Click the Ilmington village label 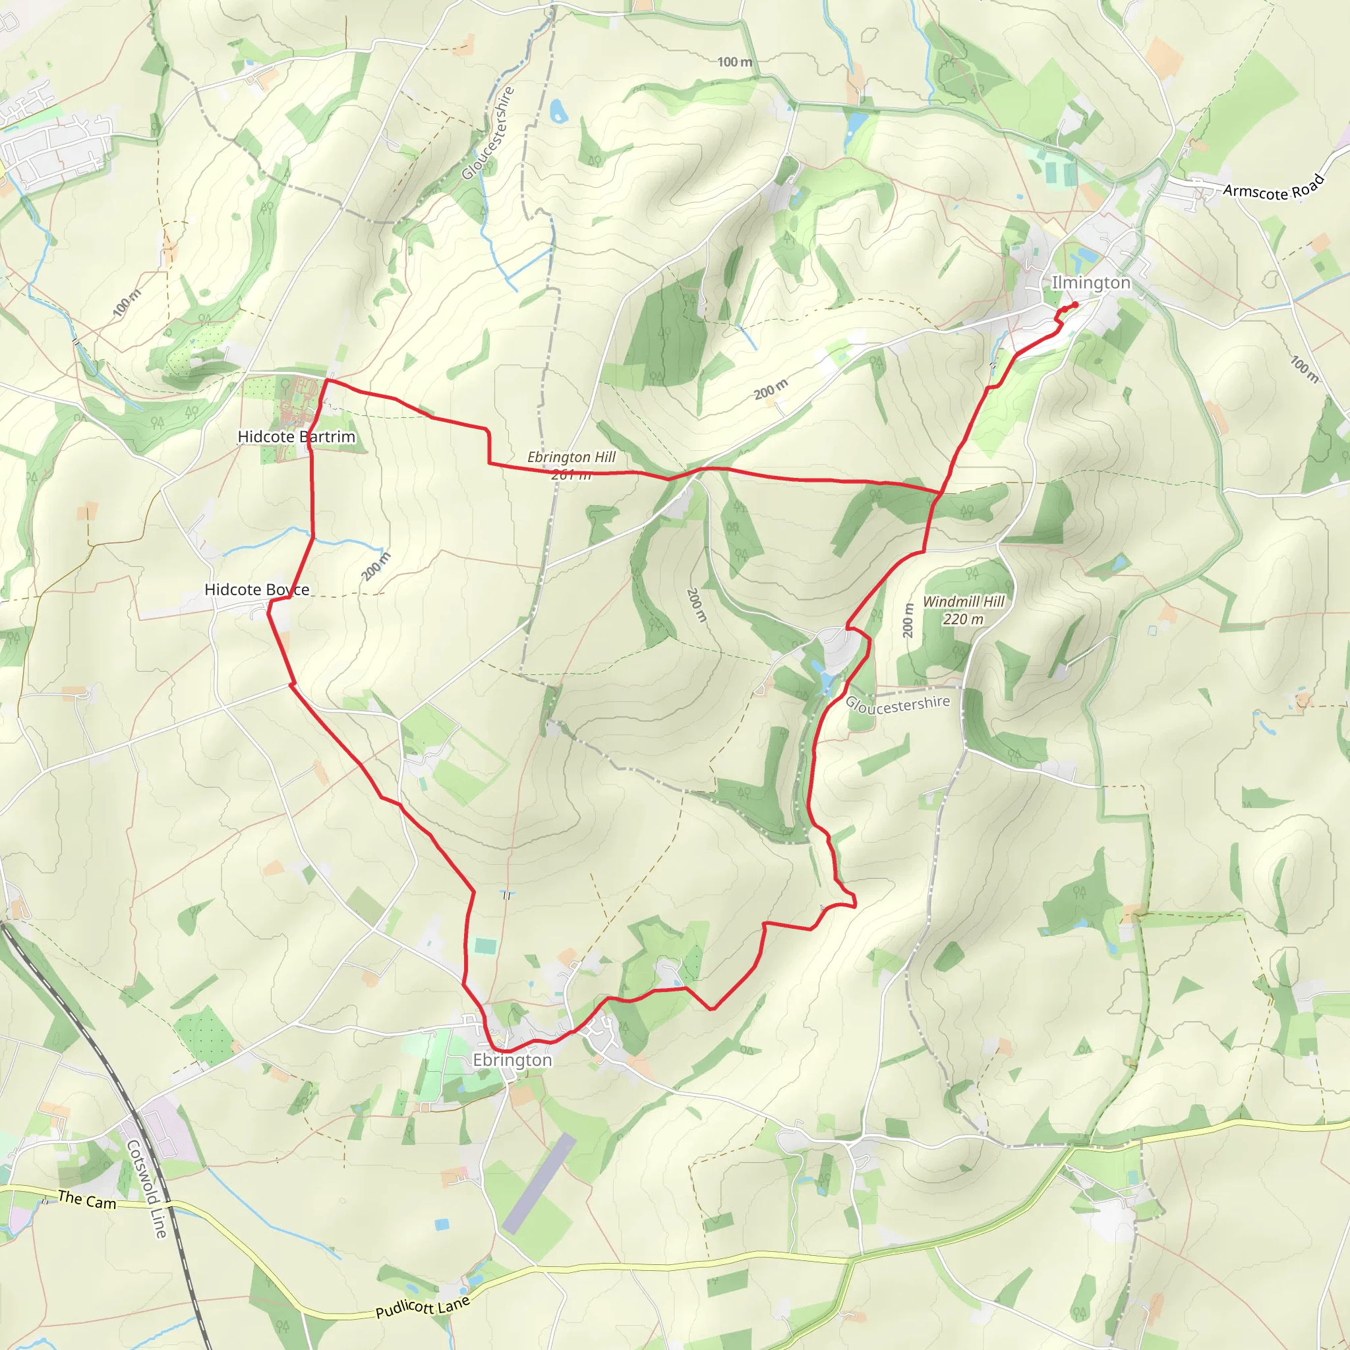[1090, 282]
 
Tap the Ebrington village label [512, 1060]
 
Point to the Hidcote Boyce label [256, 590]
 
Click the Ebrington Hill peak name [571, 457]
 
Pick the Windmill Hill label [963, 602]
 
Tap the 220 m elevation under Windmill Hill [963, 620]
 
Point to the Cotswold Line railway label [147, 1189]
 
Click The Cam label [86, 1200]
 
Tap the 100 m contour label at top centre [735, 62]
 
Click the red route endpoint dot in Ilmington [1074, 304]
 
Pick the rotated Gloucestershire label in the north [488, 132]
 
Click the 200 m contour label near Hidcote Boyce [376, 566]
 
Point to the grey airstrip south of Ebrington [539, 1184]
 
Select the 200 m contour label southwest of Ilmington [770, 388]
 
